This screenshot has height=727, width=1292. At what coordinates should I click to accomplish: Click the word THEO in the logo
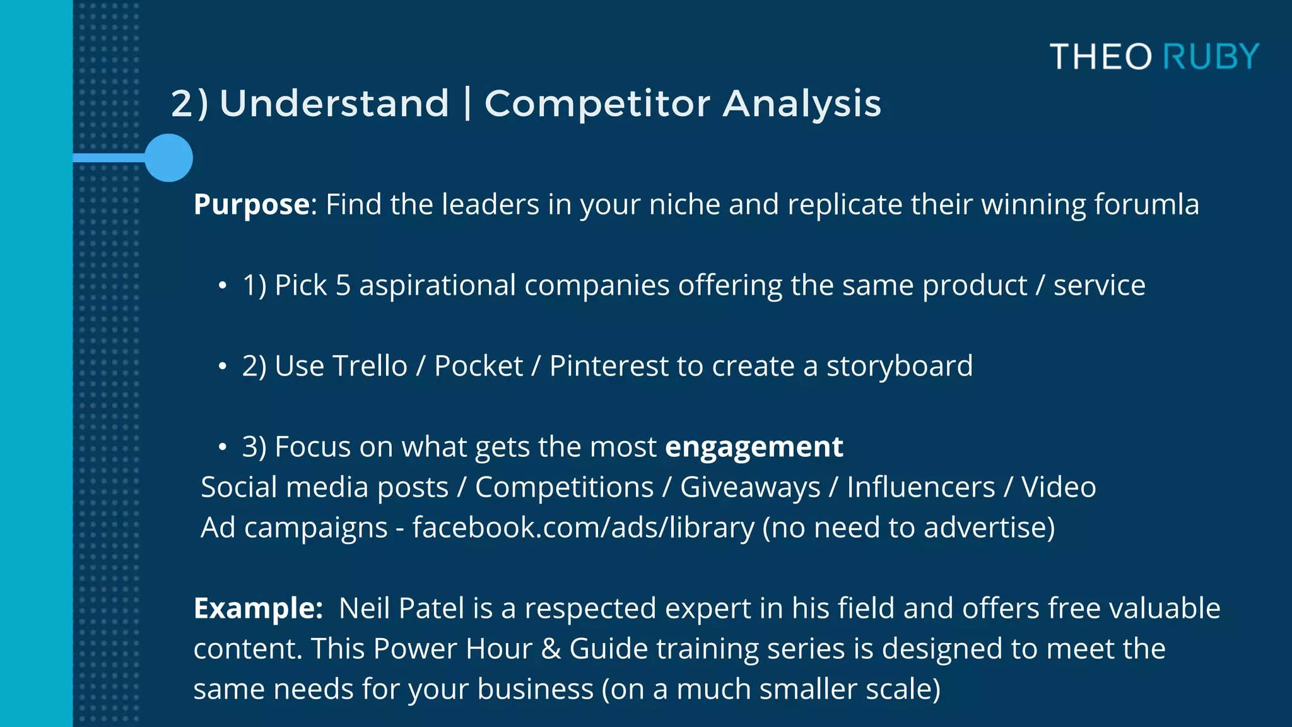1100,57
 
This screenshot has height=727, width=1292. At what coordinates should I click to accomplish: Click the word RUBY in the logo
1211,57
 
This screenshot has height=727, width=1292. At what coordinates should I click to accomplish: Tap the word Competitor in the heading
597,103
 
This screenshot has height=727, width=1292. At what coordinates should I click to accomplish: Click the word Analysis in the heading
801,103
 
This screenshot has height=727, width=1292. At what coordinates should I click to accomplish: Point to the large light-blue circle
168,158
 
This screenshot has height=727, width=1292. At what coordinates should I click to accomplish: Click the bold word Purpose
251,204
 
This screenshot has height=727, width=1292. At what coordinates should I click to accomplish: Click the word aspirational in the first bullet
437,285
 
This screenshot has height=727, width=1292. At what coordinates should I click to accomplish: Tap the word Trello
370,366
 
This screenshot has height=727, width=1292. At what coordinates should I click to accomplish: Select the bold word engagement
754,447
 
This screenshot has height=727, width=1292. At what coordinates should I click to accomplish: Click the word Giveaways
749,487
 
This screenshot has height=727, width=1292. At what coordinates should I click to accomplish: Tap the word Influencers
920,487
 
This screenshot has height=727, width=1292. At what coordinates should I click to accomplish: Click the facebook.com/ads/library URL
583,528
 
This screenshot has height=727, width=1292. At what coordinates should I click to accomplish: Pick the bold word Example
257,608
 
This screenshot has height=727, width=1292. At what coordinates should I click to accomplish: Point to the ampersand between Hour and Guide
551,649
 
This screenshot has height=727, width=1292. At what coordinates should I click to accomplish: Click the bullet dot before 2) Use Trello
222,367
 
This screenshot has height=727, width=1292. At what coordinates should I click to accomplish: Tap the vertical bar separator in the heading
467,103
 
